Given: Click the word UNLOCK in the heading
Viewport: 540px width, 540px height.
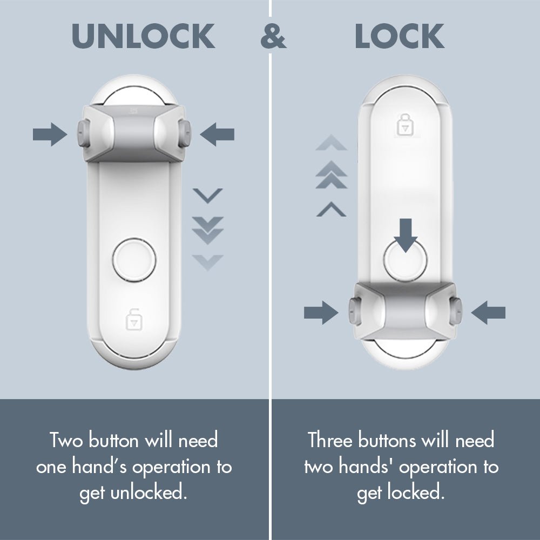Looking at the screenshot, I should point(143,37).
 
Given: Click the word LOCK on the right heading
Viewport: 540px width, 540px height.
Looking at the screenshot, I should point(400,37).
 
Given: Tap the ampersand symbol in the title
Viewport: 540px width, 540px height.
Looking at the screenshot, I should point(273,38).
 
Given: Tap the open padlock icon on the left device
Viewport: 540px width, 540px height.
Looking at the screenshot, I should point(133,319).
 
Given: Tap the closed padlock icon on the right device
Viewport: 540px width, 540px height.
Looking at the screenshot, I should point(404,125).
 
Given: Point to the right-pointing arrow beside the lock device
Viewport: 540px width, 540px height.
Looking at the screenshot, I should point(321,313).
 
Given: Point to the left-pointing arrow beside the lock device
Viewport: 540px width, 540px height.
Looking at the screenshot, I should point(488,313).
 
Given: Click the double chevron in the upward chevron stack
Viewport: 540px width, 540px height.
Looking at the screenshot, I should point(331,176).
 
